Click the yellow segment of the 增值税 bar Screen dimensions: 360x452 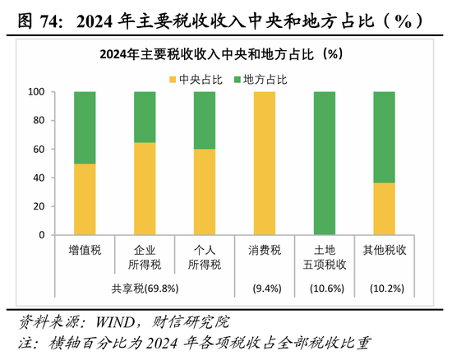tap(85, 199)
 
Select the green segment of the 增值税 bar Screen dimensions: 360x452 tap(85, 127)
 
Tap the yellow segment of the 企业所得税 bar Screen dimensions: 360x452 tap(145, 188)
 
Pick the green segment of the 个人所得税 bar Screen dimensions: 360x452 tap(205, 120)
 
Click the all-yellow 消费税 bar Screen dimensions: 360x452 tap(265, 163)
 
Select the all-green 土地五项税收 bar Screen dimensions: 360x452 tap(325, 163)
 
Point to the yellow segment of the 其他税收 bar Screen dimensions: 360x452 tap(384, 209)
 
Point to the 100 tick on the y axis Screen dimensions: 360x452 tap(35, 92)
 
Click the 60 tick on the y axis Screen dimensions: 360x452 tap(38, 150)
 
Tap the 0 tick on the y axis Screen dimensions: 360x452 tap(41, 235)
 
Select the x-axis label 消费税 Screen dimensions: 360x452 tap(265, 249)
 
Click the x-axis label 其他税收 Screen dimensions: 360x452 tap(384, 249)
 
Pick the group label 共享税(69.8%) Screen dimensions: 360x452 tap(145, 288)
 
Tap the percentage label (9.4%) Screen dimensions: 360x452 tap(265, 288)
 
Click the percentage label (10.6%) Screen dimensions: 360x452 tap(325, 288)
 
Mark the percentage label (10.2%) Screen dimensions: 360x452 tap(384, 288)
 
